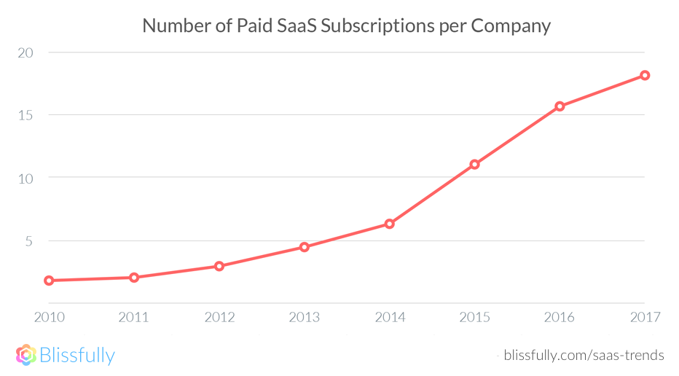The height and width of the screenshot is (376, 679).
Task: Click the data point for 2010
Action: point(49,281)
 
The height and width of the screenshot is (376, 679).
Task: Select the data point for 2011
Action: point(134,278)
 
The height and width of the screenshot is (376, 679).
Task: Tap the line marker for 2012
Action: point(219,266)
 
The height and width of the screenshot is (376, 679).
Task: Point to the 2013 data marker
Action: point(305,247)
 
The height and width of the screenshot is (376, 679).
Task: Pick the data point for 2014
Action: point(390,224)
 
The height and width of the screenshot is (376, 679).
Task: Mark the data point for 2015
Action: point(474,164)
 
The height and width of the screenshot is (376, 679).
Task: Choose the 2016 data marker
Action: point(560,106)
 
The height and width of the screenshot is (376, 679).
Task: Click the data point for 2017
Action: point(645,75)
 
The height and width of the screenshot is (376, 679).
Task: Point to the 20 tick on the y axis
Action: point(26,52)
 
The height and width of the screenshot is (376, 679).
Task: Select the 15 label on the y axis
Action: point(26,115)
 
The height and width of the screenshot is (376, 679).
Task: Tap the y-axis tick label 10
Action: point(26,178)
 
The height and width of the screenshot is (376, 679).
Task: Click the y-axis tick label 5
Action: point(30,240)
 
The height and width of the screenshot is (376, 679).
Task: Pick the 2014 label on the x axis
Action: point(390,317)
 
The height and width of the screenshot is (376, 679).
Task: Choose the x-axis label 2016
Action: point(560,317)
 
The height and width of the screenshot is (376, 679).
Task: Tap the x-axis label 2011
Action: point(134,317)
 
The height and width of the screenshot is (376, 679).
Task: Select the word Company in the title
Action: point(510,26)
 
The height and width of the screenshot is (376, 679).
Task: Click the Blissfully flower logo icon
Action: point(26,355)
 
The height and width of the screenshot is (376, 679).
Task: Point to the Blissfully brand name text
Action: point(77,356)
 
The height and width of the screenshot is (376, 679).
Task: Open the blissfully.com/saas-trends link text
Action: point(584,356)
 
